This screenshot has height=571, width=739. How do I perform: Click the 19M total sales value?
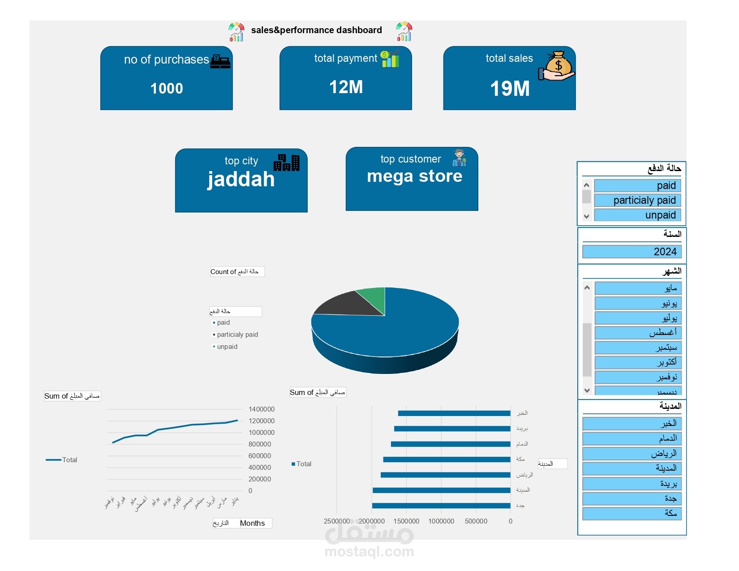coord(510,89)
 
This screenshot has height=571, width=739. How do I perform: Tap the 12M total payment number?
coord(346,87)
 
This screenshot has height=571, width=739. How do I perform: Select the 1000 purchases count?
coord(167,89)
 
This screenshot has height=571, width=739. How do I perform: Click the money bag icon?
coord(558,66)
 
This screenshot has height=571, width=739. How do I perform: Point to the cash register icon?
coord(220,61)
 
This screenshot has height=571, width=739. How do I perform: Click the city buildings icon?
coord(287,163)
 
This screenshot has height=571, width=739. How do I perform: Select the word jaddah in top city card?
coord(241,179)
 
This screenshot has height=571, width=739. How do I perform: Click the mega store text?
coord(414,176)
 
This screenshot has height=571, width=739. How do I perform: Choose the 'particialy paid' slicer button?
coord(638,200)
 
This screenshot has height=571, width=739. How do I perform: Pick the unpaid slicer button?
coord(638,215)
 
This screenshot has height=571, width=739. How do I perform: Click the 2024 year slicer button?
coord(632,252)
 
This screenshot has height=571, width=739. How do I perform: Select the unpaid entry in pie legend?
coord(227,347)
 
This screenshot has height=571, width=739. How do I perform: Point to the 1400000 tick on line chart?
coord(262,409)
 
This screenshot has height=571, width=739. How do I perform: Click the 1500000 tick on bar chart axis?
coord(406,521)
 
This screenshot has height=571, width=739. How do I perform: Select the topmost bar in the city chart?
coord(454,413)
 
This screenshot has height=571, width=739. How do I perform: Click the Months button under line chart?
coord(253,523)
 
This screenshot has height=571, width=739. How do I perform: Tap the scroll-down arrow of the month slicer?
coord(587,391)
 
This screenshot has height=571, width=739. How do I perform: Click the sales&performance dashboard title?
coord(316,30)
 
